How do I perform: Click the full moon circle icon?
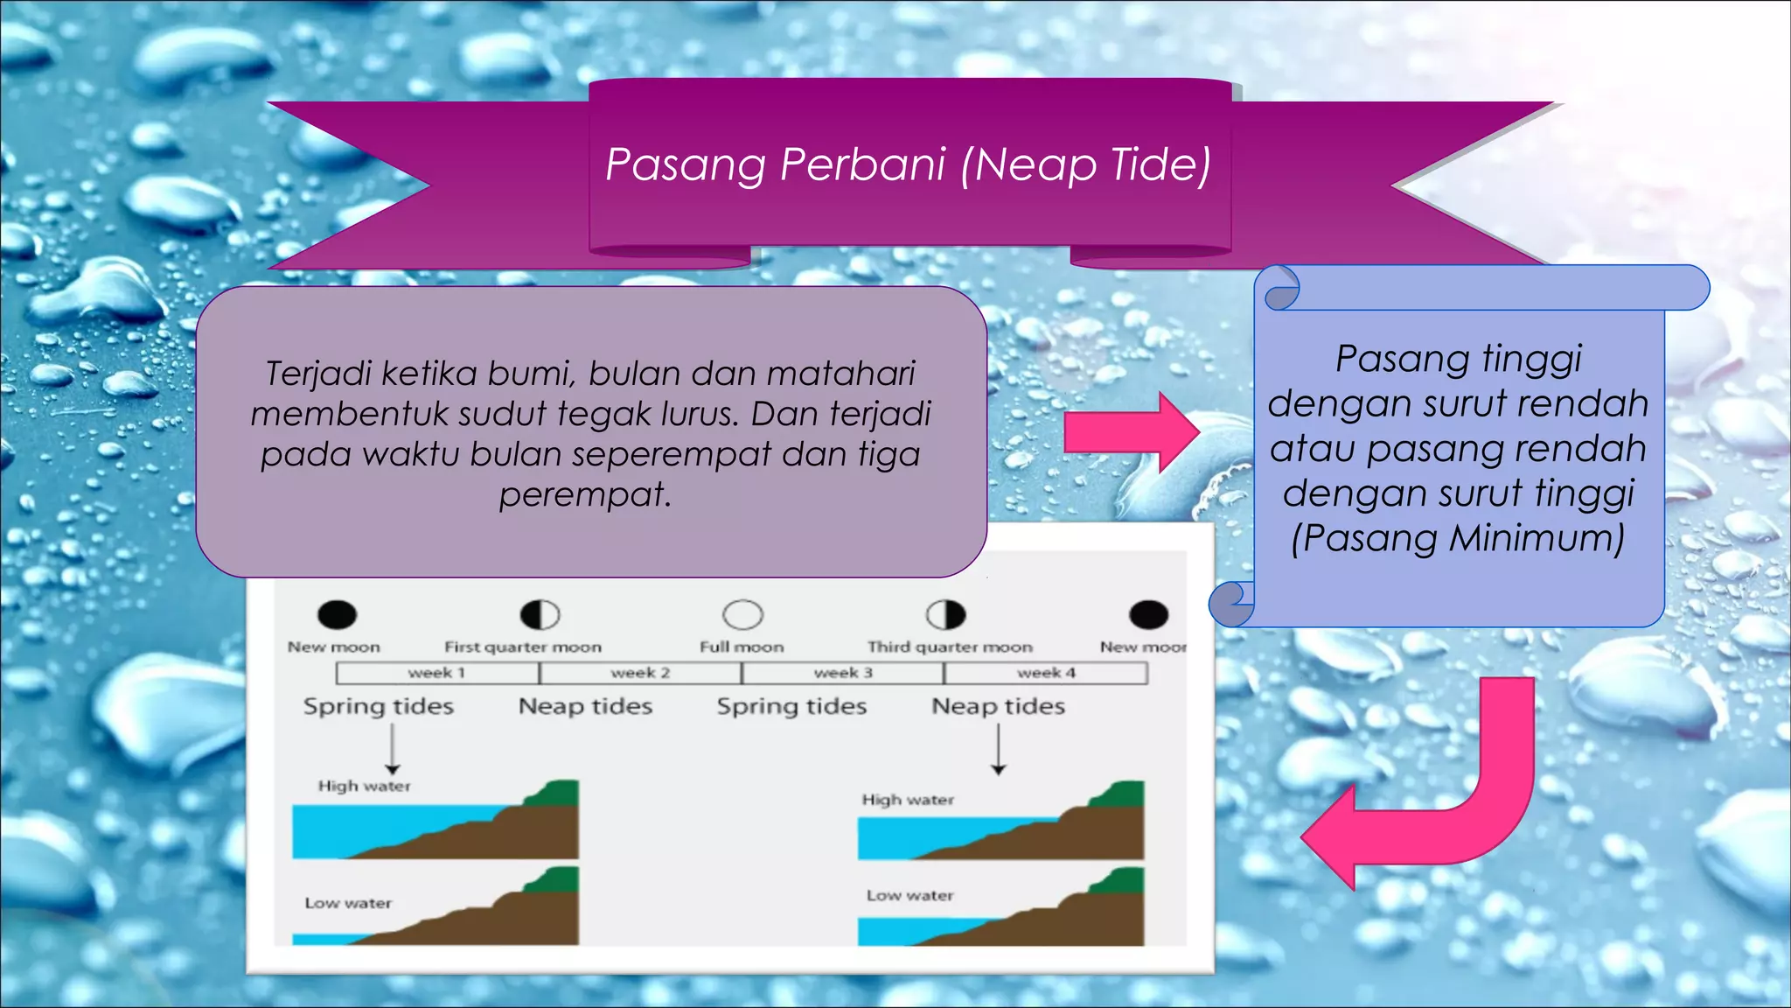[742, 615]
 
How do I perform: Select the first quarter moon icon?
[540, 615]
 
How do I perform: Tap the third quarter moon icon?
[945, 615]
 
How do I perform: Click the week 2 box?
[640, 673]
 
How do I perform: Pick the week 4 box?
[1046, 673]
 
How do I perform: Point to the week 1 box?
[437, 673]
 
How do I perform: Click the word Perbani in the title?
[862, 164]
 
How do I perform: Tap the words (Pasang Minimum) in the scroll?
[1458, 537]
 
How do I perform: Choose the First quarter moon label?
[523, 647]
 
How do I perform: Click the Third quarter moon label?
[950, 647]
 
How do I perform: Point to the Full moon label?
[742, 647]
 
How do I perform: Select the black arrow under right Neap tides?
[998, 750]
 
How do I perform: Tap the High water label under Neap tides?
[908, 800]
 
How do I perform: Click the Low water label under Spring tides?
[348, 903]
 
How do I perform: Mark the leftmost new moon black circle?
[337, 615]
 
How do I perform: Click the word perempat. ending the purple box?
[585, 495]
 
